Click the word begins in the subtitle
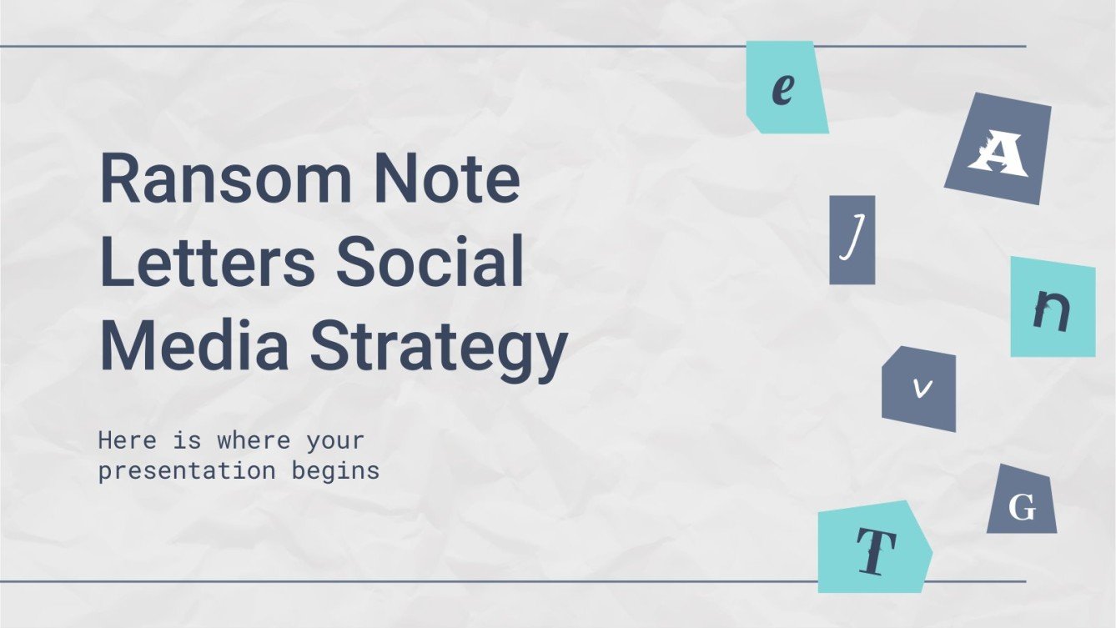click(335, 471)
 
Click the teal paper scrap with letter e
click(786, 88)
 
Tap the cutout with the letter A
click(998, 149)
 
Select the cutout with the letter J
click(852, 240)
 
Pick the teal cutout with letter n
click(1052, 308)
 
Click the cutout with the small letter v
click(920, 389)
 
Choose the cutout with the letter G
click(1022, 502)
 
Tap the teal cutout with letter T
click(873, 547)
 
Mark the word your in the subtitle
click(336, 440)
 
